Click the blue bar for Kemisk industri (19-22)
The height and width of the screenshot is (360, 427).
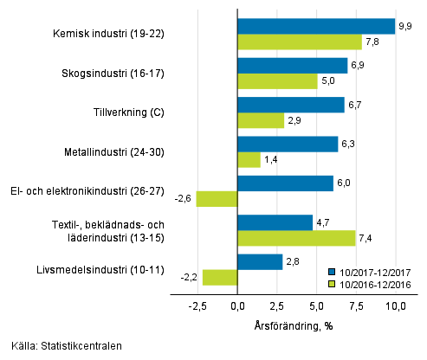click(316, 26)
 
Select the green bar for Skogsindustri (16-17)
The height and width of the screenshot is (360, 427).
click(277, 81)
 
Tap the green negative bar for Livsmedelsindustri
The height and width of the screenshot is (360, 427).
click(220, 277)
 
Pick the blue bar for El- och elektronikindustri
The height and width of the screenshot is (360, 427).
click(285, 183)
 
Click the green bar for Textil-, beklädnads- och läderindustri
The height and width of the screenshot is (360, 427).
click(296, 238)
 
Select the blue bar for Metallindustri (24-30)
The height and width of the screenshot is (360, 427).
click(288, 144)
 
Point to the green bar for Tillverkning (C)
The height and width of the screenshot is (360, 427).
click(261, 120)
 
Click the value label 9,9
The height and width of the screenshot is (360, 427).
click(404, 27)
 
